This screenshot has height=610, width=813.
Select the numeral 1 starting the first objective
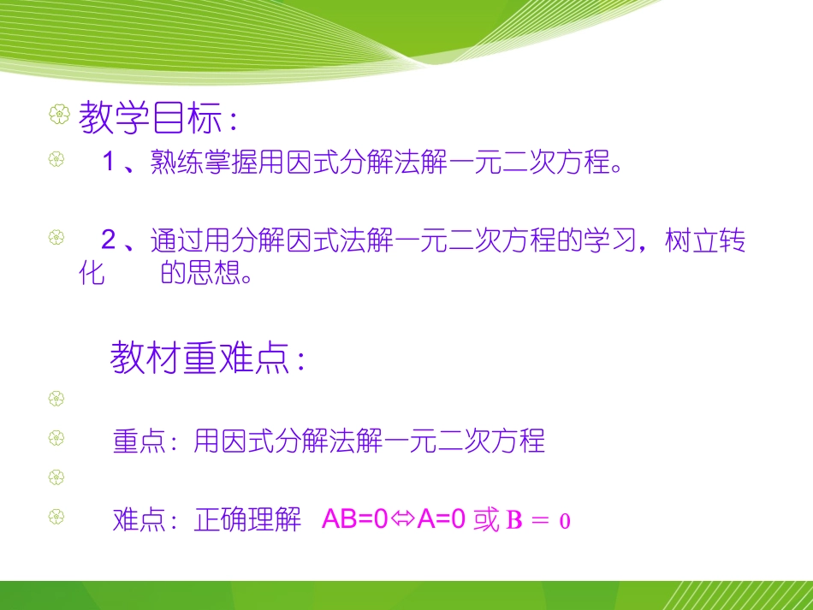pyautogui.click(x=109, y=163)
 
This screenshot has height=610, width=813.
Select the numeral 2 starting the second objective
pyautogui.click(x=109, y=240)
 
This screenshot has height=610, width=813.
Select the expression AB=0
pyautogui.click(x=354, y=519)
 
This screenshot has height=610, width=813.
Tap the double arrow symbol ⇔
pyautogui.click(x=402, y=519)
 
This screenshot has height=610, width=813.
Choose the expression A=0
pyautogui.click(x=441, y=519)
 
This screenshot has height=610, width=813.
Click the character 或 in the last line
pyautogui.click(x=485, y=519)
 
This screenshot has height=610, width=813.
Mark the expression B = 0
pyautogui.click(x=538, y=520)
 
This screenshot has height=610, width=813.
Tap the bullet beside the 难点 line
pyautogui.click(x=56, y=518)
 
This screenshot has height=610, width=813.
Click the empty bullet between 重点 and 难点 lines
pyautogui.click(x=56, y=477)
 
